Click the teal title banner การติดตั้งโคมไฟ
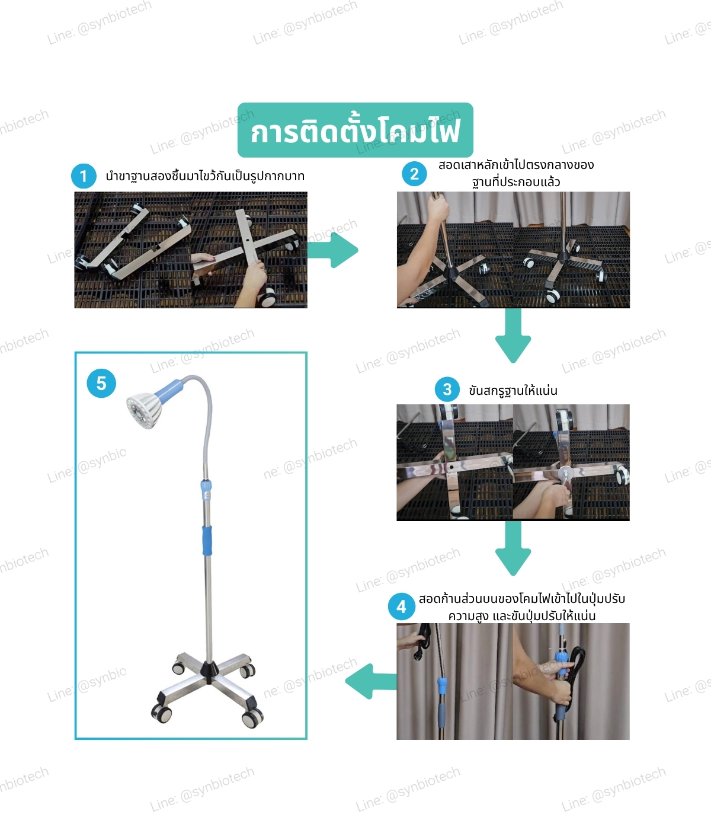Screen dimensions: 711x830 pos(355,130)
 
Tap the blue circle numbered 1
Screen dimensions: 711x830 pos(84,176)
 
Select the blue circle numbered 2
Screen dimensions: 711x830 pos(414,174)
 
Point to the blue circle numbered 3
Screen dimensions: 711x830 pos(447,389)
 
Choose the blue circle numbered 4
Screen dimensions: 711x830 pos(401,606)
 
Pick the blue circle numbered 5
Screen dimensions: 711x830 pos(101,383)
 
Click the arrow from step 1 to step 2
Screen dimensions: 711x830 pos(332,250)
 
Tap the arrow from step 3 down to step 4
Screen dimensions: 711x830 pos(513,548)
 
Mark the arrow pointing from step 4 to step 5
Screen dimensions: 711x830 pos(371,681)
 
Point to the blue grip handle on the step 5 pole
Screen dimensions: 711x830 pos(207,541)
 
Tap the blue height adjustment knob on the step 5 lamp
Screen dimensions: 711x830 pos(206,490)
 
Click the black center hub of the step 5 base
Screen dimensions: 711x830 pos(209,670)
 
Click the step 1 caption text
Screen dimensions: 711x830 pos(205,176)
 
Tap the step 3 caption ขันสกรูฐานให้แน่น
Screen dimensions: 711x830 pos(513,390)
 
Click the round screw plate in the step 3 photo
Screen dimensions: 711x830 pos(565,473)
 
